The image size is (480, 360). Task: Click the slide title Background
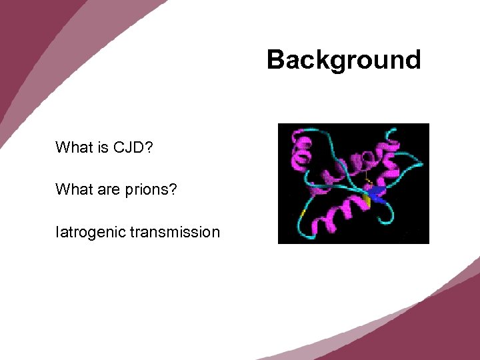343,60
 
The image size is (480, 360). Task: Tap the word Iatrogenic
91,232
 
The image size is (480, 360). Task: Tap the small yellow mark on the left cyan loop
303,213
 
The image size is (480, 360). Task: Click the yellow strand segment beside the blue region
367,201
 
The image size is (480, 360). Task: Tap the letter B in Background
275,60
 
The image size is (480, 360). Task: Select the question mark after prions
173,190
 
